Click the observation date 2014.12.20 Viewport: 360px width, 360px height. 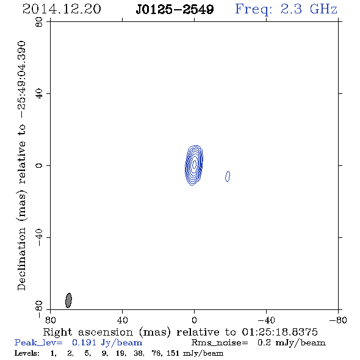click(62, 9)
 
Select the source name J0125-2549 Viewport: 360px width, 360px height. click(175, 10)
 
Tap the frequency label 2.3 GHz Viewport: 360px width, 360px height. click(309, 9)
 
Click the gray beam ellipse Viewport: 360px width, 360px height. click(68, 300)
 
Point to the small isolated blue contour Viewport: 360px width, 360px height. click(228, 176)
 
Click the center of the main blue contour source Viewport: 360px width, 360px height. click(194, 165)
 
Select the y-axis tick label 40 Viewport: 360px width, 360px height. click(39, 94)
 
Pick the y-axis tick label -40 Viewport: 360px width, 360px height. click(39, 237)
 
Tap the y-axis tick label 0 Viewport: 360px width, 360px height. click(39, 165)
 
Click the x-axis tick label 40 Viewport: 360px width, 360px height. click(122, 320)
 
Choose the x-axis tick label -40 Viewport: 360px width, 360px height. click(266, 320)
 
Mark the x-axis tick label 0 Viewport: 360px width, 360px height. click(194, 320)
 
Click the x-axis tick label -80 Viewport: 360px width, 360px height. click(338, 320)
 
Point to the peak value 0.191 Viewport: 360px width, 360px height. click(84, 342)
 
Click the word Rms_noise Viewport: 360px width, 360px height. click(220, 343)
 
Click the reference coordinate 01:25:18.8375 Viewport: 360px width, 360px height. click(279, 332)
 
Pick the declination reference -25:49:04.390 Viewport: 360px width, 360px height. click(22, 79)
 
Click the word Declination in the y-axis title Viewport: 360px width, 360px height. click(22, 259)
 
